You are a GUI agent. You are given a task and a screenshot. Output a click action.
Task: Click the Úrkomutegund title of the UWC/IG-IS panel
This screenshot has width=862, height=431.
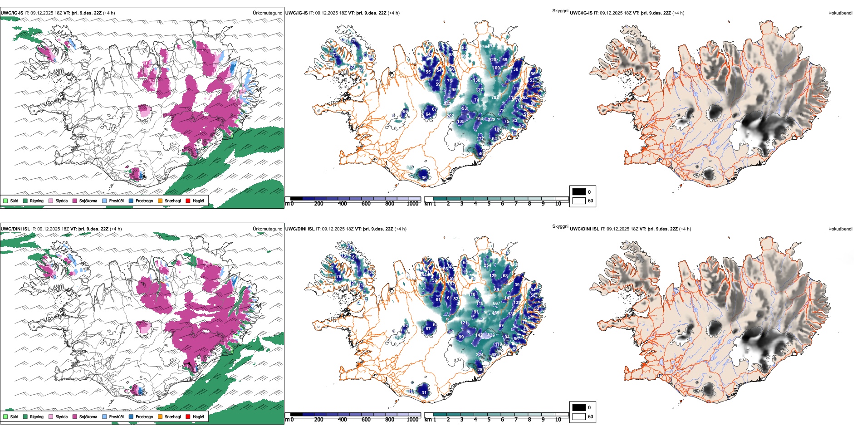(267, 13)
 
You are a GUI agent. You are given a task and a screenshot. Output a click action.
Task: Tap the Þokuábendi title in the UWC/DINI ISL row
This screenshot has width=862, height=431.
(840, 229)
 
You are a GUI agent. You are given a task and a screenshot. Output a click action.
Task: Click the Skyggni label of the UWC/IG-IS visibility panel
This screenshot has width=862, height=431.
(560, 11)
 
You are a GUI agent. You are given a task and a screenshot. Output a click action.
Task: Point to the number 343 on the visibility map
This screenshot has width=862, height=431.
(447, 104)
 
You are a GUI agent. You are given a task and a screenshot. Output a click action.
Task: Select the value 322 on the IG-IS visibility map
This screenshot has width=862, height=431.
(491, 120)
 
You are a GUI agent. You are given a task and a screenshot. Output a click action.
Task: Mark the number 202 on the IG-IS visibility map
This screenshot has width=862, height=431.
(450, 116)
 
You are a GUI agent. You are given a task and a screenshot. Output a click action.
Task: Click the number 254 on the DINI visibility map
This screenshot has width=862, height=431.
(487, 265)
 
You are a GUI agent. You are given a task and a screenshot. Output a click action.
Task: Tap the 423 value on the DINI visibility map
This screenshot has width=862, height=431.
(490, 336)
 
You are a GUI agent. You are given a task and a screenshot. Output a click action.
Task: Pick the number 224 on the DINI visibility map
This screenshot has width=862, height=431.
(479, 355)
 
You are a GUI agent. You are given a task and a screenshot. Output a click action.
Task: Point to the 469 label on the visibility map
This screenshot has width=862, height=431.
(495, 313)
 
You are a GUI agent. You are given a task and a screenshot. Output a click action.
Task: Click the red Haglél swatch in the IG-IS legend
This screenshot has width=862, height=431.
(188, 201)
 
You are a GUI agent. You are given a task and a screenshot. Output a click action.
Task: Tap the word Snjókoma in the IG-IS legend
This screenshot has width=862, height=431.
(88, 201)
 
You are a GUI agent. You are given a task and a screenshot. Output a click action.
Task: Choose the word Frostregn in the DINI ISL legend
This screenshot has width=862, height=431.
(144, 417)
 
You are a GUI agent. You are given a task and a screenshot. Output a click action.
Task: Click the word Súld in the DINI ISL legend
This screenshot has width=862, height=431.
(14, 417)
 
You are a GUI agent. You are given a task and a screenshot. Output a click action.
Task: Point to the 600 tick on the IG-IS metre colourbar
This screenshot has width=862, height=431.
(366, 204)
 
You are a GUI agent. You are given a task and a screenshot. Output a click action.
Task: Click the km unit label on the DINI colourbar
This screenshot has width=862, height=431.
(428, 420)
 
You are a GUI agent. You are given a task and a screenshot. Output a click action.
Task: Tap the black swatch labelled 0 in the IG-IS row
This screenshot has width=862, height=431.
(578, 191)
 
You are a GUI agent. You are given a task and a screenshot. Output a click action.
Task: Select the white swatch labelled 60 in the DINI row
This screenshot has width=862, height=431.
(578, 416)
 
